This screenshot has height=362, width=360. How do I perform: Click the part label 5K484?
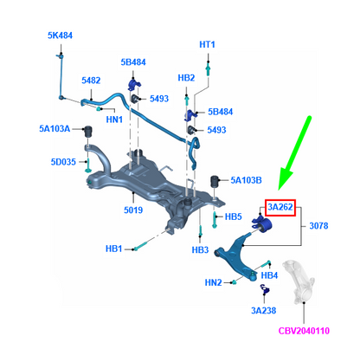[x=60, y=36]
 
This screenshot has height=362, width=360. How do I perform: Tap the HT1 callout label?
[x=207, y=44]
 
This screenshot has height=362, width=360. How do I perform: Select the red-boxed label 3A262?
[x=280, y=207]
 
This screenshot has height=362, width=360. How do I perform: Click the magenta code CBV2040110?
[x=304, y=331]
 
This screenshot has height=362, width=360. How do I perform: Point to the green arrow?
[x=295, y=153]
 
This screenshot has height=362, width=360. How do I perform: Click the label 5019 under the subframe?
[x=133, y=210]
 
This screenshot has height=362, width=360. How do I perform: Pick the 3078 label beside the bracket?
[x=318, y=225]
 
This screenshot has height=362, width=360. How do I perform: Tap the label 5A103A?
[x=55, y=128]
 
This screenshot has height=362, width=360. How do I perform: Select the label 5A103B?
[x=246, y=180]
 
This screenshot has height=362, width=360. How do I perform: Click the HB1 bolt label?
[x=113, y=249]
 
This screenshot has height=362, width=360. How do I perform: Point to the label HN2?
[x=213, y=282]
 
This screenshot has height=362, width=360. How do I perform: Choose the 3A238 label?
[x=264, y=311]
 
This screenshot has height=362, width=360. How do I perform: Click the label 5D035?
[x=63, y=162]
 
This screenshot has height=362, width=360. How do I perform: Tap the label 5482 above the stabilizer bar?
[x=91, y=81]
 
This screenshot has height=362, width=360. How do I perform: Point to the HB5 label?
[x=234, y=217]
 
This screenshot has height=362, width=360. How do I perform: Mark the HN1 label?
[x=114, y=120]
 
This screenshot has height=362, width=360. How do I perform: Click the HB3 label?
[x=200, y=249]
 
